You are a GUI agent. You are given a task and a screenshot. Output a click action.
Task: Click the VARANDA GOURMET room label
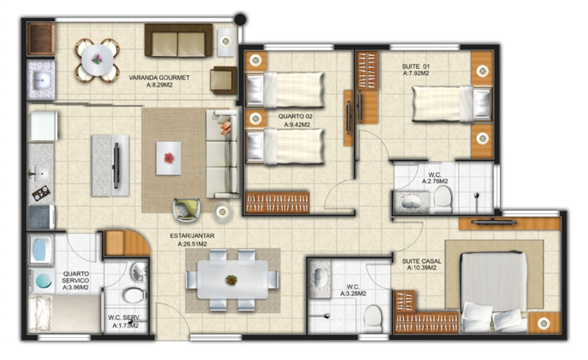pyautogui.click(x=159, y=78)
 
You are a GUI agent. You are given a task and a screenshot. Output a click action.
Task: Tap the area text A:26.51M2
pyautogui.click(x=192, y=244)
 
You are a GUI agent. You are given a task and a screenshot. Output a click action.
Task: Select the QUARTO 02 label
pyautogui.click(x=295, y=116)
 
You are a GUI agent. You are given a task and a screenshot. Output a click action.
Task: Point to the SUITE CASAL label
pyautogui.click(x=421, y=261)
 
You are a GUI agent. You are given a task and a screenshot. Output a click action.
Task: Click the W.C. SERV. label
pyautogui.click(x=124, y=318)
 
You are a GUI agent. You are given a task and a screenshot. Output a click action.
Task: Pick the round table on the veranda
pyautogui.click(x=97, y=60)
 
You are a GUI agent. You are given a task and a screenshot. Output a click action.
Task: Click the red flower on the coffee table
pyautogui.click(x=169, y=158)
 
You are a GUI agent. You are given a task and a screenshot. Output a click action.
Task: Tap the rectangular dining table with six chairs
pyautogui.click(x=233, y=280)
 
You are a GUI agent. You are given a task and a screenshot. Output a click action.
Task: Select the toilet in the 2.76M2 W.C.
pyautogui.click(x=443, y=199)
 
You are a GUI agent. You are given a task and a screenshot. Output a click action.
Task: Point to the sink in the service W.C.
pyautogui.click(x=139, y=272)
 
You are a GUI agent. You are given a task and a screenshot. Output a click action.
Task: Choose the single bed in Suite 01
pyautogui.click(x=451, y=103)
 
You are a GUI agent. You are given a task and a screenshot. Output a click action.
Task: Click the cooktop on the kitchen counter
pyautogui.click(x=41, y=193)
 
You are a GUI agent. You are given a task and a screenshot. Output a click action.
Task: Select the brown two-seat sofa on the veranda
pyautogui.click(x=179, y=41)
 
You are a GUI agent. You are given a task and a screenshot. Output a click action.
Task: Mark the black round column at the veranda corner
pyautogui.click(x=240, y=19)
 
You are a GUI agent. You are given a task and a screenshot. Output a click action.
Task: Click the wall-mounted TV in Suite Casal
pyautogui.click(x=494, y=222)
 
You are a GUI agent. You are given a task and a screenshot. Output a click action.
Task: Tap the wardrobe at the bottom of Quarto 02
pyautogui.click(x=277, y=203)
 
